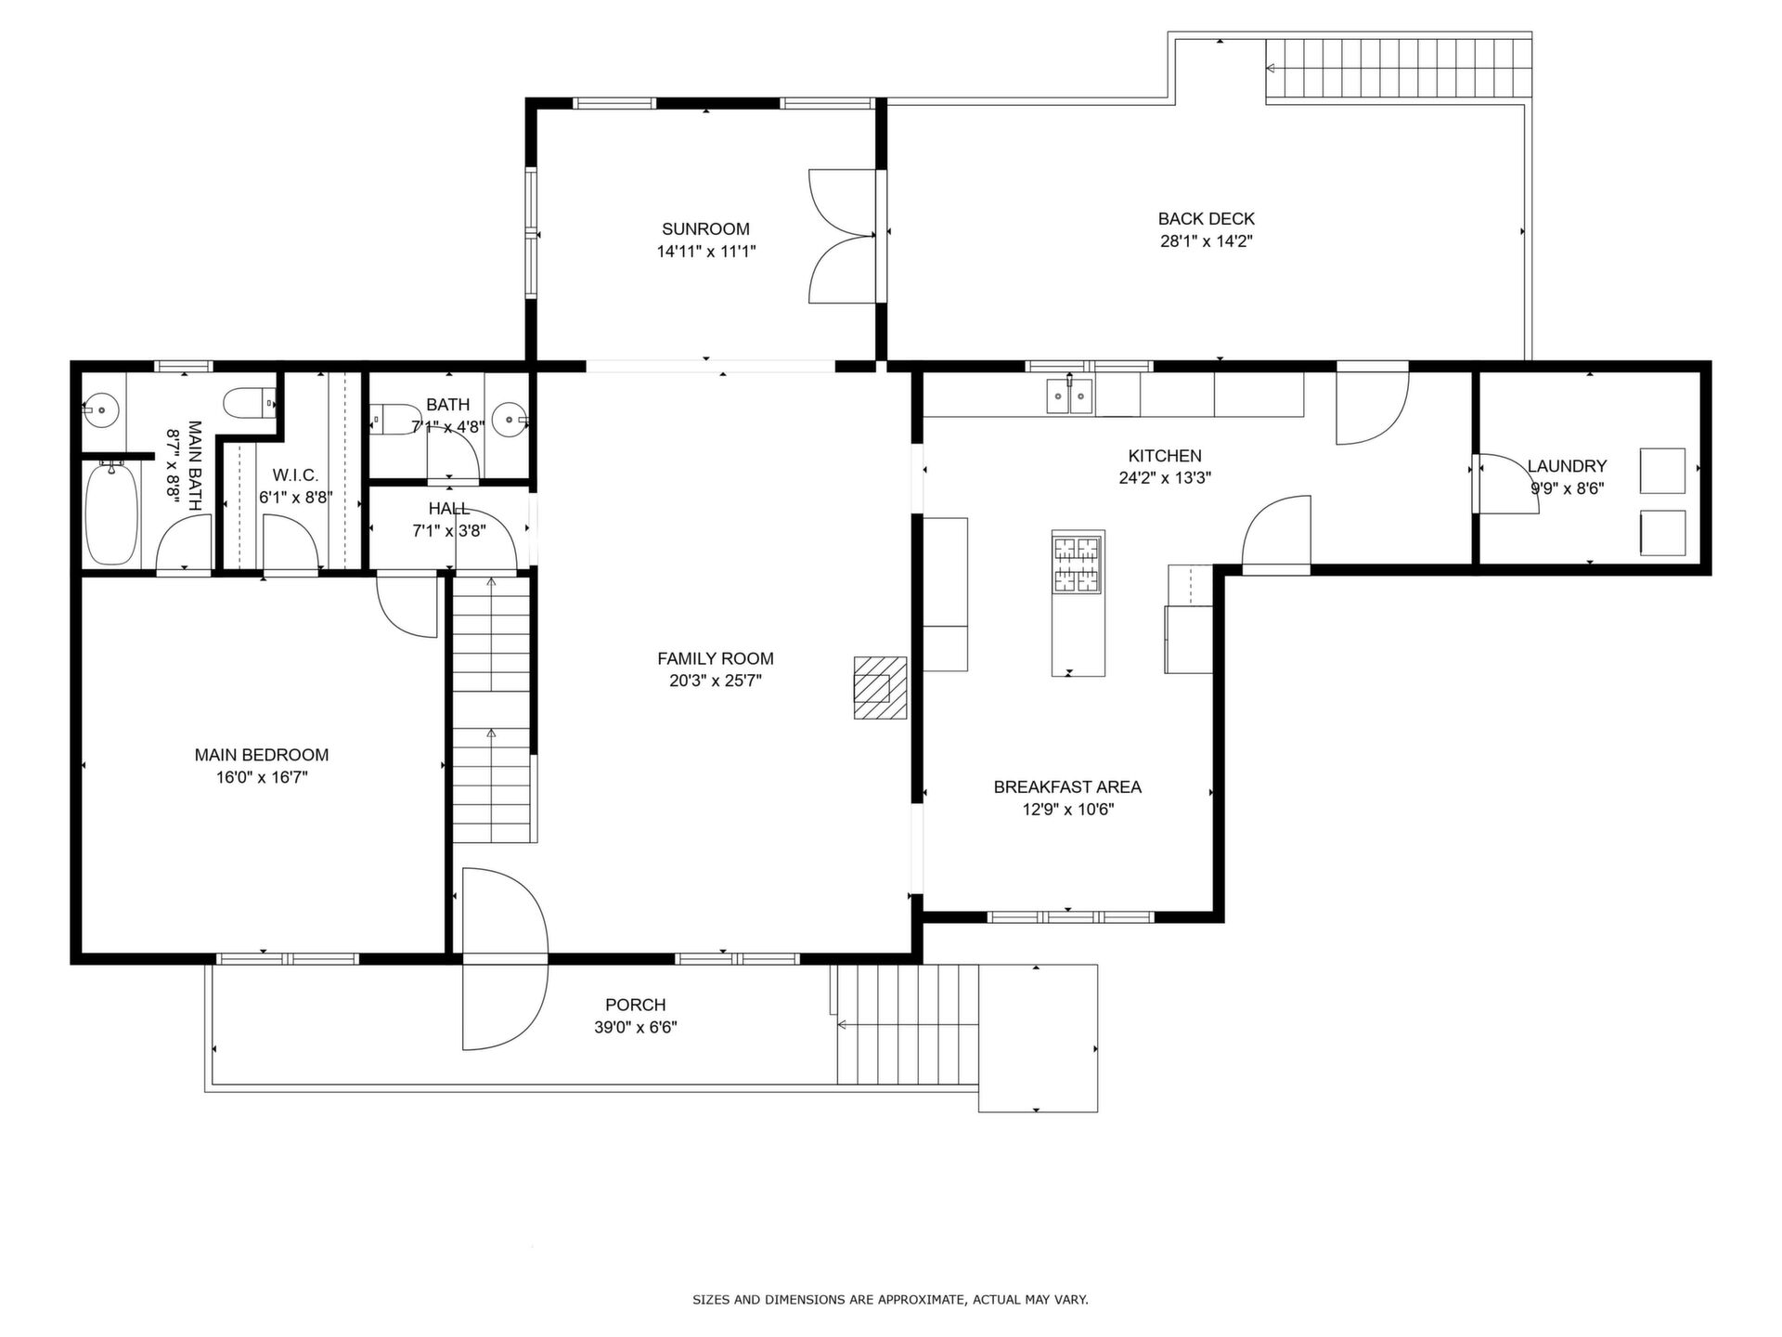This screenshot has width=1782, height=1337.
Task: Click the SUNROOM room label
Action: point(705,229)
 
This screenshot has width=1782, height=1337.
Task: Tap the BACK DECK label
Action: point(1206,219)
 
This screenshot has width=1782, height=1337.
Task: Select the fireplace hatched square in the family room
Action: point(881,687)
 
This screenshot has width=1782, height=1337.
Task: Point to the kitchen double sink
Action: point(1069,396)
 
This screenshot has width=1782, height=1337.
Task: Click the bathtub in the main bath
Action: point(111,514)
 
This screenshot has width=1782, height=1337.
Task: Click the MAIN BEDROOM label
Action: point(262,755)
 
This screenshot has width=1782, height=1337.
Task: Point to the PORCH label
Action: point(636,1005)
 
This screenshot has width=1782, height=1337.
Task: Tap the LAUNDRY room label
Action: point(1567,466)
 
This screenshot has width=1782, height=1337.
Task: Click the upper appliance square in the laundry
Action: point(1662,471)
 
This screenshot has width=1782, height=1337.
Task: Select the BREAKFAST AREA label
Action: point(1067,786)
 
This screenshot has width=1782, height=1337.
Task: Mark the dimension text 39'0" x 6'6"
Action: point(636,1028)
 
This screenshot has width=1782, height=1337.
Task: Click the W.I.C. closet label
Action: point(295,475)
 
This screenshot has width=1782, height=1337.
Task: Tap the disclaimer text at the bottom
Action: point(890,1300)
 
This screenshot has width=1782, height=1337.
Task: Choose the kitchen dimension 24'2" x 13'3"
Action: point(1165,478)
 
